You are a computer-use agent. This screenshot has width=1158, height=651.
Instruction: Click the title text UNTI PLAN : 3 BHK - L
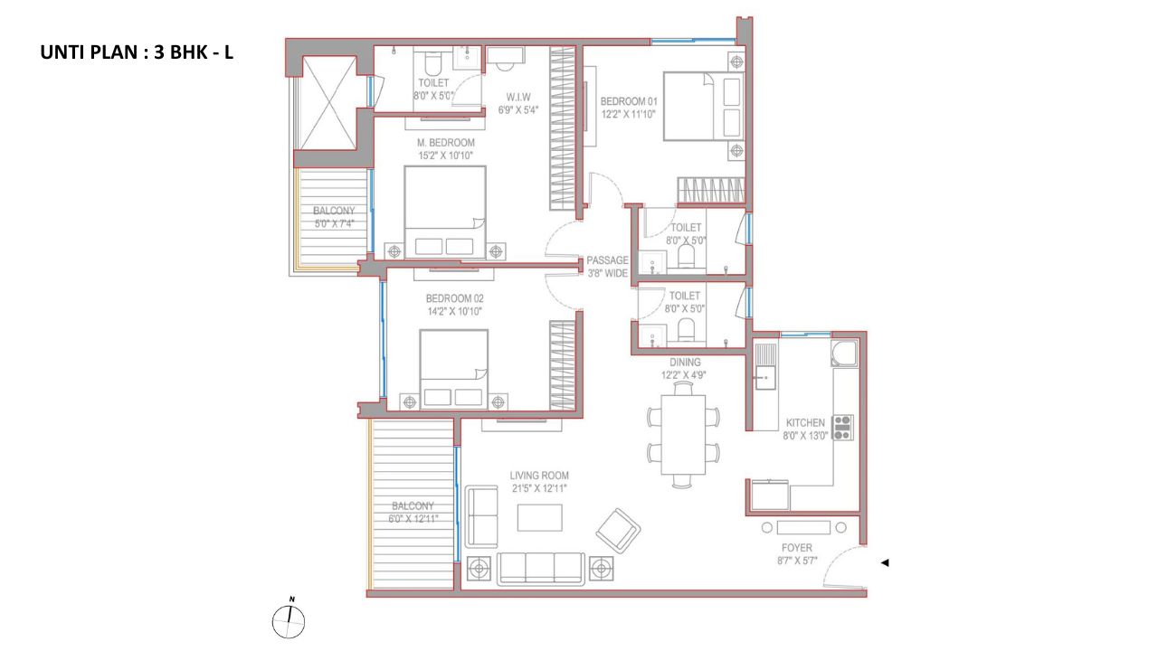pos(137,52)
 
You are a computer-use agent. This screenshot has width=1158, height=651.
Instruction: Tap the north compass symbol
pos(289,620)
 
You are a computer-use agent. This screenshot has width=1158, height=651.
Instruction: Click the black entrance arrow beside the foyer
pos(885,562)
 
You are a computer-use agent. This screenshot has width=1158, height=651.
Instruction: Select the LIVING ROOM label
pos(539,476)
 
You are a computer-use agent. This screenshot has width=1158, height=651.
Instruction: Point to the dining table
pos(683,435)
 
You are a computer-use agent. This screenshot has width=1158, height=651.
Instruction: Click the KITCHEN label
pos(805,422)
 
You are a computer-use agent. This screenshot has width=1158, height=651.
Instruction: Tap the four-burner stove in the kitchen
pos(842,428)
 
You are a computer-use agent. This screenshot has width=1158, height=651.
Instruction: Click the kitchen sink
pos(765,378)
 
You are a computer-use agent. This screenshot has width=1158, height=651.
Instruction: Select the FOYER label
pos(797,548)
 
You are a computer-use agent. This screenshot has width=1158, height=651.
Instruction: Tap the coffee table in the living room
pos(540,517)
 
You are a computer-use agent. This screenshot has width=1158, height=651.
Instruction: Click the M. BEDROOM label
pos(446,143)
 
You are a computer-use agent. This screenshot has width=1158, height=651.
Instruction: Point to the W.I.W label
pos(518,97)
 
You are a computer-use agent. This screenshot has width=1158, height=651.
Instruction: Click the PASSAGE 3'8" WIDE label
pos(607,267)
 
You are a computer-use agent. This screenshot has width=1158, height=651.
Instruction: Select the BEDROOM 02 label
pos(454,298)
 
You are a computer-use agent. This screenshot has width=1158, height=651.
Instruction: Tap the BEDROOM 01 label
pos(629,101)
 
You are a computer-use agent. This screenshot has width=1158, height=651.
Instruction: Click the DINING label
pos(685,363)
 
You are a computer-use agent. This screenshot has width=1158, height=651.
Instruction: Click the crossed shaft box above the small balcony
pos(328,103)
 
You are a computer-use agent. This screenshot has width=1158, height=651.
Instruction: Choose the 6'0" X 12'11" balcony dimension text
pos(413,519)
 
